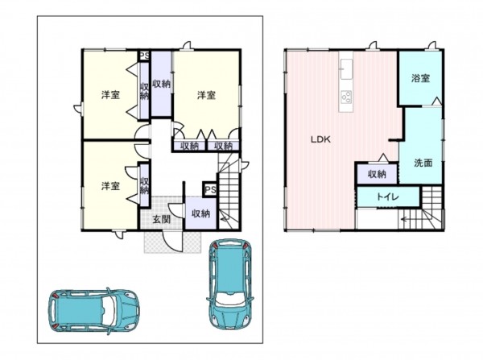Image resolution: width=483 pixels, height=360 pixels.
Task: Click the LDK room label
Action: click(320, 139)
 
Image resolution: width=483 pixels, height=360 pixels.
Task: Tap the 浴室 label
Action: click(420, 78)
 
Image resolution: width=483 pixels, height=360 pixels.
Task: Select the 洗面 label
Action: click(423, 163)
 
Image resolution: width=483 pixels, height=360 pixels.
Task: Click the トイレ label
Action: click(388, 197)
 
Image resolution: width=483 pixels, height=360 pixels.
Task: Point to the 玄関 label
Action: click(162, 219)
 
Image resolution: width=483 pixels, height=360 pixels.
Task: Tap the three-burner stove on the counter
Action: click(346, 97)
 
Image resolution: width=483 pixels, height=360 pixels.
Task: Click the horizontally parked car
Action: click(93, 312)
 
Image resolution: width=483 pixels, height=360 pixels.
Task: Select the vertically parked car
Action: click(229, 284)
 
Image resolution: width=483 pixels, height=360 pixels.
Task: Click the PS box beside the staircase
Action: click(210, 189)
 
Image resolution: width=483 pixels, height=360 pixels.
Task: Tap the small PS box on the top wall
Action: click(144, 56)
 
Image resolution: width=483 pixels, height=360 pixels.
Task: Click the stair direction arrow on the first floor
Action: click(225, 219)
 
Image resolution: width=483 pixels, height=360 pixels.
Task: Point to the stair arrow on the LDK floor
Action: click(407, 220)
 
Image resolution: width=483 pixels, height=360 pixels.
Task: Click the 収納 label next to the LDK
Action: click(377, 174)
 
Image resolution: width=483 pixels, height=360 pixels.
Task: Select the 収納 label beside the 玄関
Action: click(200, 213)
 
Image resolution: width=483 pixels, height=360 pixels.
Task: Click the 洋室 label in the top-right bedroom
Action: click(206, 95)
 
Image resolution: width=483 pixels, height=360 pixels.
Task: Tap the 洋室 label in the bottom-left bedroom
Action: click(110, 186)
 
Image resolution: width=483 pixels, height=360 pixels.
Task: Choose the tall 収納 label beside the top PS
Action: click(161, 84)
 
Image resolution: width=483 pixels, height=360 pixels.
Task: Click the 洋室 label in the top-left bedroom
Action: click(110, 95)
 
